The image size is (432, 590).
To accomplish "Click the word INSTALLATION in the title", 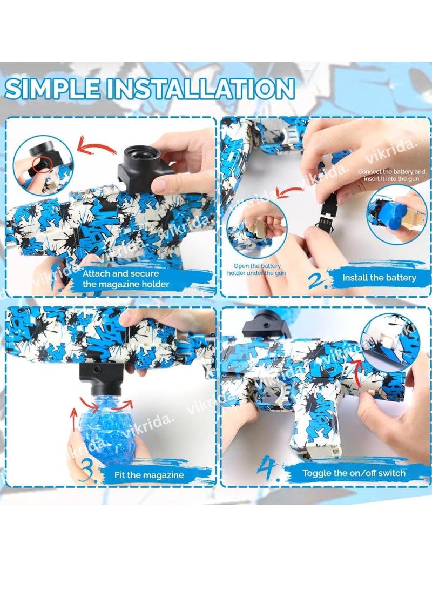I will pyautogui.click(x=200, y=89).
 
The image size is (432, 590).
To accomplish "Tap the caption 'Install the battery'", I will pyautogui.click(x=379, y=278).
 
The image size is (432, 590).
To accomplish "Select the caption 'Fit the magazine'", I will pyautogui.click(x=149, y=475).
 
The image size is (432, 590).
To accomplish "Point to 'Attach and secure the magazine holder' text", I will pyautogui.click(x=126, y=279).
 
